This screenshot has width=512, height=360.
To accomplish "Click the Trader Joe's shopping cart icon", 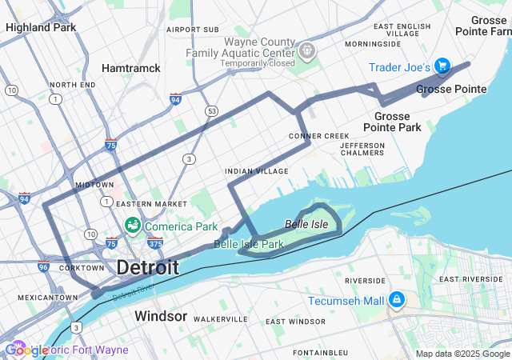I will pyautogui.click(x=442, y=66).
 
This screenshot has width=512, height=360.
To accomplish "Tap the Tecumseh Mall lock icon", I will pyautogui.click(x=396, y=300).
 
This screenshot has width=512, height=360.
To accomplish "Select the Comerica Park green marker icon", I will pyautogui.click(x=133, y=226).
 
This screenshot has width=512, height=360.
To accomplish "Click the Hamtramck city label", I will pyautogui.click(x=131, y=68).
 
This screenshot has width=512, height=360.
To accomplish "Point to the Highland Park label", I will pyautogui.click(x=40, y=27).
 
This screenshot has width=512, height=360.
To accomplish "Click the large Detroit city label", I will pyautogui.click(x=148, y=268).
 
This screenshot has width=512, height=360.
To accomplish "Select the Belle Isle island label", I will pyautogui.click(x=306, y=224).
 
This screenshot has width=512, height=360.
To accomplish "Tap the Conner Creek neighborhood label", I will pyautogui.click(x=318, y=136).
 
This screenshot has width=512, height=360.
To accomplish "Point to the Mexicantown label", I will pyautogui.click(x=49, y=298).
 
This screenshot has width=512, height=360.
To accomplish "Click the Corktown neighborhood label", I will pyautogui.click(x=81, y=268).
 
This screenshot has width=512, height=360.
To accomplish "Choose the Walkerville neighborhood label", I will pyautogui.click(x=220, y=318).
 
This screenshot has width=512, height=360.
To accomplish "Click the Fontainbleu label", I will pyautogui.click(x=320, y=352).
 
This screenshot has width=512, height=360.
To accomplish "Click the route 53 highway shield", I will pyautogui.click(x=211, y=110).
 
